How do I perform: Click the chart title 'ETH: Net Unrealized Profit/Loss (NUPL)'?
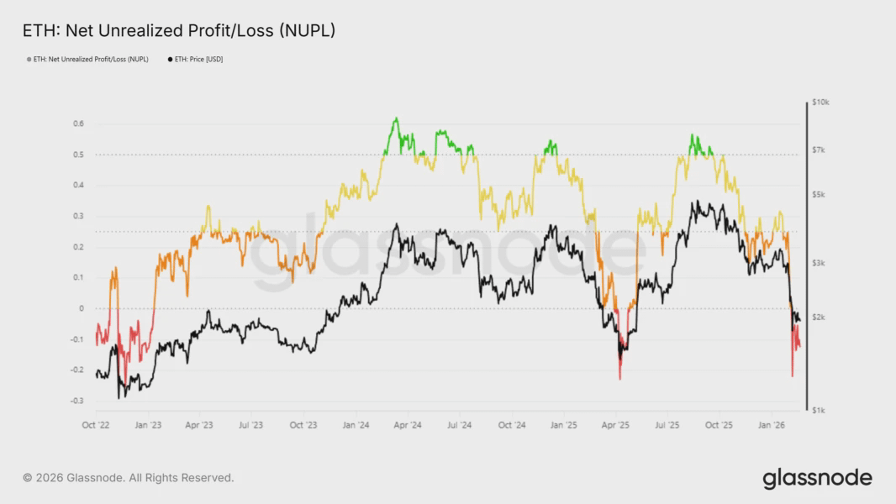(178, 31)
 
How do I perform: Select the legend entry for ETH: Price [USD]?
(197, 60)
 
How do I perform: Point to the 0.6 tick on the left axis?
(78, 123)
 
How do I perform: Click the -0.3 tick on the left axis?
(76, 401)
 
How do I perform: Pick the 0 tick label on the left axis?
(82, 308)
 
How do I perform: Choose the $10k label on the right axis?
(820, 102)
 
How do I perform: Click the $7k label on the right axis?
(820, 150)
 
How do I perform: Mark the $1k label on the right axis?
(820, 410)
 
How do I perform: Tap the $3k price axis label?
(820, 263)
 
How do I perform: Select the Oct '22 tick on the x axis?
(96, 425)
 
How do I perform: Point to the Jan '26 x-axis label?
(772, 425)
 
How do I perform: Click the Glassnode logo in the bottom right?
(817, 479)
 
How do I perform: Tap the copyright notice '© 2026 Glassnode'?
(129, 478)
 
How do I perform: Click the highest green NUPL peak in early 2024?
(396, 119)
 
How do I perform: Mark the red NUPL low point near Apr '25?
(620, 378)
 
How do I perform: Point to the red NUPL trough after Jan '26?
(792, 375)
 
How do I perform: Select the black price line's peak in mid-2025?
(696, 202)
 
